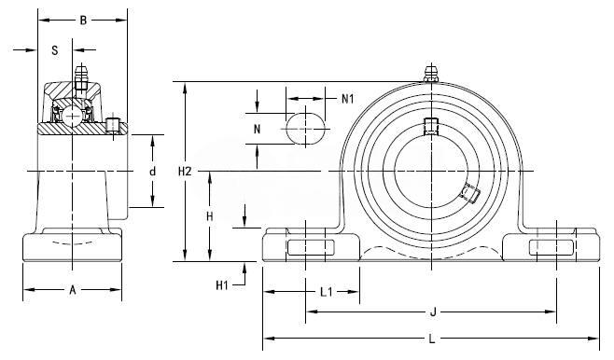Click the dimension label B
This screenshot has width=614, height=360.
click(x=83, y=21)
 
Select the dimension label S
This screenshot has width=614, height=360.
click(x=55, y=50)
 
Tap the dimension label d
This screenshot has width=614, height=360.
click(x=153, y=171)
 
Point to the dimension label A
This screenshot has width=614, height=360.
click(x=73, y=290)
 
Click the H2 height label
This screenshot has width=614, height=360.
click(x=185, y=171)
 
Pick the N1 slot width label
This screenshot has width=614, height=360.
click(x=348, y=99)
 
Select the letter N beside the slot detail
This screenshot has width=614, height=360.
click(x=257, y=129)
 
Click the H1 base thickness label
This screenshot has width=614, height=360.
click(x=222, y=285)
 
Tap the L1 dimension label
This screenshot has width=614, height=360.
click(x=327, y=292)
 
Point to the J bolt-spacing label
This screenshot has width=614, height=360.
click(x=433, y=312)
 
